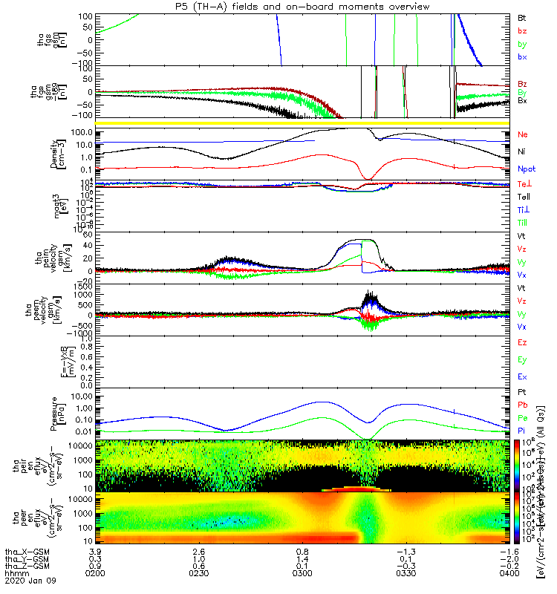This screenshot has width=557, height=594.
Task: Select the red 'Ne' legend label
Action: [523, 134]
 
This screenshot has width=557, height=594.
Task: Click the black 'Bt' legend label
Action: [522, 16]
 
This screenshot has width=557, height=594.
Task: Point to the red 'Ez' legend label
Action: [522, 343]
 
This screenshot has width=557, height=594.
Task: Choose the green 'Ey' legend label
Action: [522, 360]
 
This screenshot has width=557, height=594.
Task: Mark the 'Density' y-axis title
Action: [65, 153]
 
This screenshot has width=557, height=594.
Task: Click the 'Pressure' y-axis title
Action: [65, 412]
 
